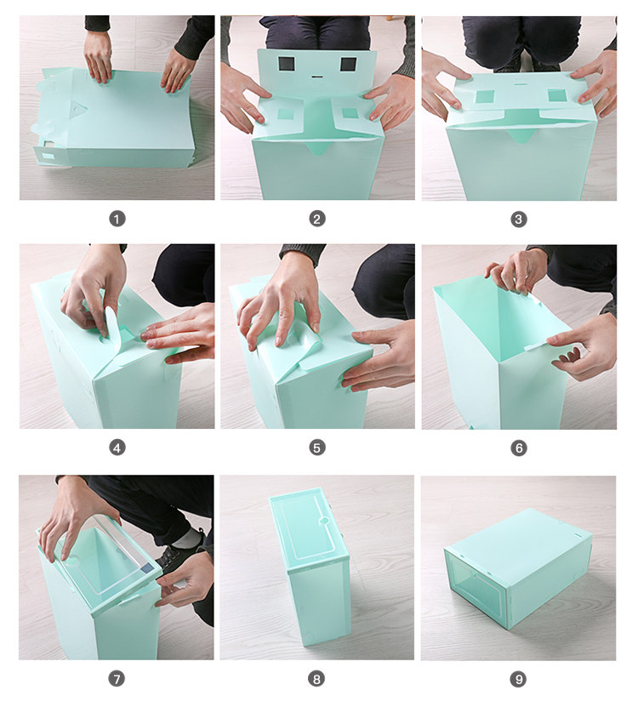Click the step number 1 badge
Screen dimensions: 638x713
coord(117,220)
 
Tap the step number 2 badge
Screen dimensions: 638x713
coord(317,220)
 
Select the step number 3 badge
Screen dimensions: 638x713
coord(518,220)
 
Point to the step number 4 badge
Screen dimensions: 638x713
coord(117,448)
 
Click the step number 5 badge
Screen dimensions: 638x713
coord(317,448)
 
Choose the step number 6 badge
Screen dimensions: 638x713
coord(518,448)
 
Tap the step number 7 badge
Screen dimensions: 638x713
coord(117,679)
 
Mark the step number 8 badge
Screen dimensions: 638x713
coord(317,679)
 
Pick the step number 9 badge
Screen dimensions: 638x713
coord(518,679)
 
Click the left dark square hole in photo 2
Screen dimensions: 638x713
coord(287,65)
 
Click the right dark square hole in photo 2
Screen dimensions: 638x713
coord(348,65)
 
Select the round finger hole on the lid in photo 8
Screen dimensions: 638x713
coord(324,521)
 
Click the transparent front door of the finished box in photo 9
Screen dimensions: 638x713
coord(476,587)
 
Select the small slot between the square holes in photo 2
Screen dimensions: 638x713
coord(316,77)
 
